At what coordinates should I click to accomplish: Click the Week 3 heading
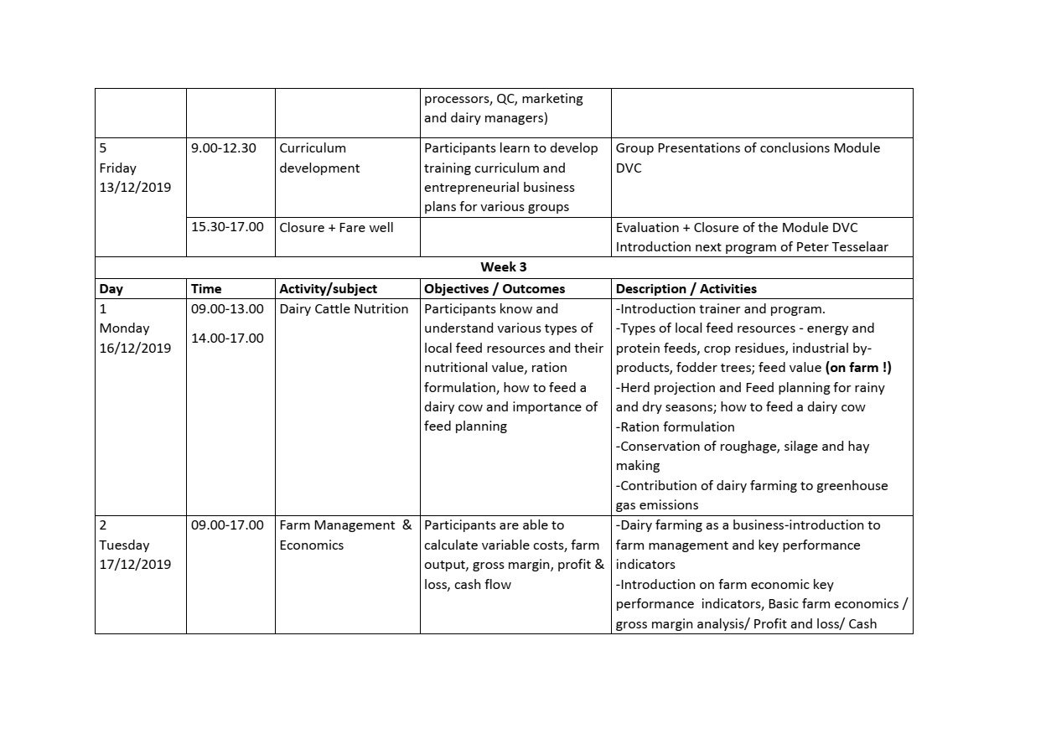click(503, 267)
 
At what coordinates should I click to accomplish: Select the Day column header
click(111, 289)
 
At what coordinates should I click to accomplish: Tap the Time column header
click(206, 289)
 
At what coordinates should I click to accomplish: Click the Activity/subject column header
click(328, 289)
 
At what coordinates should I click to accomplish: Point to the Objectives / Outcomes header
click(495, 289)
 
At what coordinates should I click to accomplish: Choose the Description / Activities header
click(686, 289)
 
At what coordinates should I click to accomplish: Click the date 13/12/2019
click(135, 188)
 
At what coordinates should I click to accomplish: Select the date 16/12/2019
click(135, 349)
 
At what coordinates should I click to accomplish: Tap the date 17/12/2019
click(135, 565)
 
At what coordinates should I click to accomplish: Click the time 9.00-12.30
click(223, 148)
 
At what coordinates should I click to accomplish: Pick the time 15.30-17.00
click(227, 227)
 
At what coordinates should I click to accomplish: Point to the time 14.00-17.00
click(227, 338)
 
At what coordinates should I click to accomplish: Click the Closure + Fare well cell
click(336, 227)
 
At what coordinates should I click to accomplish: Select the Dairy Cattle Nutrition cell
click(344, 309)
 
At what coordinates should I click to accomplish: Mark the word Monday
click(124, 328)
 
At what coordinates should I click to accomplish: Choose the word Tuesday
click(124, 545)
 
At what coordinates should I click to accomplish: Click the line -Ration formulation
click(675, 427)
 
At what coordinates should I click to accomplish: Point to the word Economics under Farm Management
click(311, 545)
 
